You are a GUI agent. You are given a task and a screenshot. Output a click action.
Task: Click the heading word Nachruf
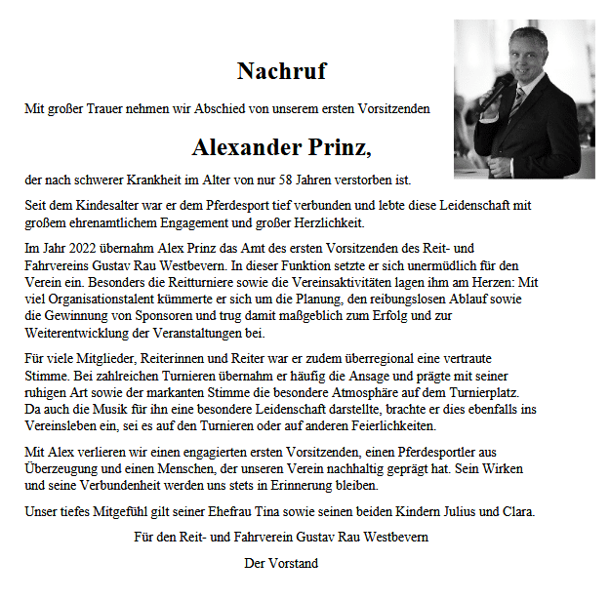point(281,71)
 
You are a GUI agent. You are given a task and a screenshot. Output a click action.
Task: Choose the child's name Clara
point(517,511)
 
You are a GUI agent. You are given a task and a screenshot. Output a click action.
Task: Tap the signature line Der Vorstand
point(281,562)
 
